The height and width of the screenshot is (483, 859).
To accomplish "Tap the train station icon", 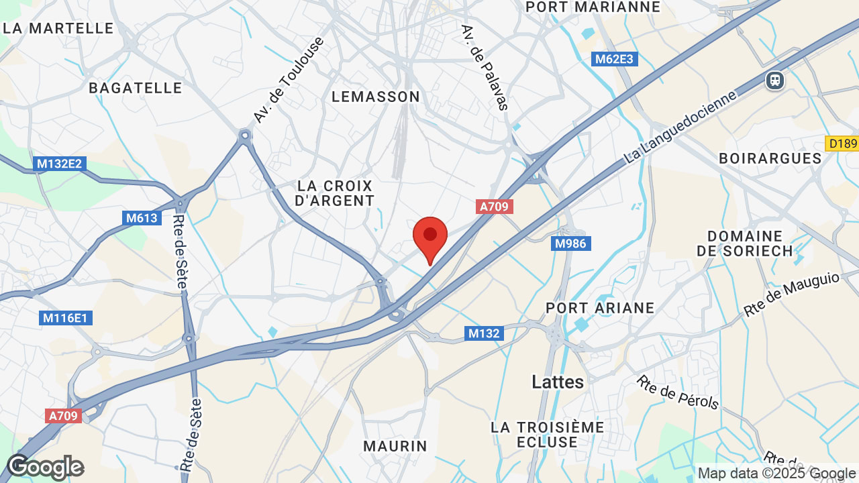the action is (x=775, y=80).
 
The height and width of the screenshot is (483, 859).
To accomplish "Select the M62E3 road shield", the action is (x=614, y=59).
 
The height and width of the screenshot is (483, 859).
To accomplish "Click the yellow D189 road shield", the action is (x=842, y=144).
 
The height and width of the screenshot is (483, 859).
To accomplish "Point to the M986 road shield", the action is (x=572, y=244).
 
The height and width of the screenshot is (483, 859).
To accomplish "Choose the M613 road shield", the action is (x=142, y=218).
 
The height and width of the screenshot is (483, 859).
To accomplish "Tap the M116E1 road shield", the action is (x=65, y=318).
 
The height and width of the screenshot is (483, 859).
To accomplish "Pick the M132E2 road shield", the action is (x=60, y=164).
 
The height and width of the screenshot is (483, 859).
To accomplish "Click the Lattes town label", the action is (x=558, y=382).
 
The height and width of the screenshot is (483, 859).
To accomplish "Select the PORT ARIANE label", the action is (x=600, y=308).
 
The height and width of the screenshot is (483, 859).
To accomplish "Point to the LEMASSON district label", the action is (x=376, y=97).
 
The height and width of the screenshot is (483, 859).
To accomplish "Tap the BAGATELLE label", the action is (x=136, y=88).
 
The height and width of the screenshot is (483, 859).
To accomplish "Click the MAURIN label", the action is (x=395, y=446).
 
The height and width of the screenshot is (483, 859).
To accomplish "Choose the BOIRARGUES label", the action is (x=770, y=158).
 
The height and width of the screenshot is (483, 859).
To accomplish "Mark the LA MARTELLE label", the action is (x=59, y=28).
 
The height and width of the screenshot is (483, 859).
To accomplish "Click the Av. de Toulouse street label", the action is (x=289, y=80).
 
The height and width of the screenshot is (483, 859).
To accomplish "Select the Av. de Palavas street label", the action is (x=485, y=68).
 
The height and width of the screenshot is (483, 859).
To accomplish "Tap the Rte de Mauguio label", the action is (x=791, y=294).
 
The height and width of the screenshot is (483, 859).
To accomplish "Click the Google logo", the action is (x=45, y=467).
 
